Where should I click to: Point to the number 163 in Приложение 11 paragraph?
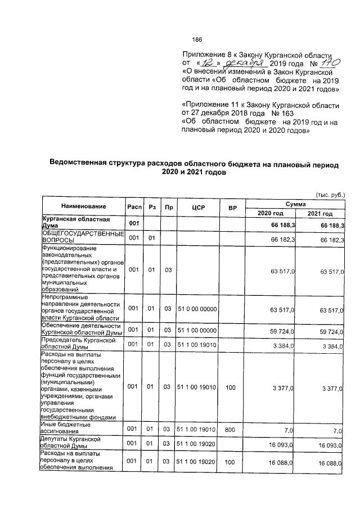coord(278,113)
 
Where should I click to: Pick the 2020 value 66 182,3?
coord(283,239)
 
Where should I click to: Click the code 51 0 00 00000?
coord(197,308)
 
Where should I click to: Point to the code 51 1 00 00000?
coord(197,330)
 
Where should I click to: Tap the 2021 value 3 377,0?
coord(332,388)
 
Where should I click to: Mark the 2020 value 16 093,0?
coord(283,445)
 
